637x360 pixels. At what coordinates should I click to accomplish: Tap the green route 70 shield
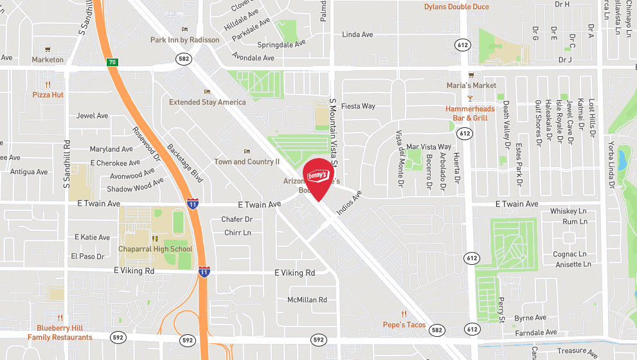(112, 62)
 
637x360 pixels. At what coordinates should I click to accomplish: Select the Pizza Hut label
(48, 94)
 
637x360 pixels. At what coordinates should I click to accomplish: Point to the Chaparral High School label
(155, 249)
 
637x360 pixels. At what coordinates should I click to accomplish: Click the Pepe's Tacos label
(404, 325)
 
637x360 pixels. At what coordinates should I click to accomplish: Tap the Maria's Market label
(472, 85)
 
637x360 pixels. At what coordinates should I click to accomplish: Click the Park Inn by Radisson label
(184, 40)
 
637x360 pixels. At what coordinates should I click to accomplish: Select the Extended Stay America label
(207, 102)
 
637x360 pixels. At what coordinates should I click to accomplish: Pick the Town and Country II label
(247, 162)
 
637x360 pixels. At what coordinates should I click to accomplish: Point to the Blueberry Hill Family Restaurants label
(60, 332)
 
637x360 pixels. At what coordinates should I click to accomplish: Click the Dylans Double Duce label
(456, 7)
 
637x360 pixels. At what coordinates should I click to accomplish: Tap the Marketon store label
(48, 60)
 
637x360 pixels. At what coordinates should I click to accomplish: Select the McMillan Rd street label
(307, 300)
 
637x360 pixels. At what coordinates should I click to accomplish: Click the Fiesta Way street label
(358, 106)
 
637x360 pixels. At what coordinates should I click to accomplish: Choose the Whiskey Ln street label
(568, 212)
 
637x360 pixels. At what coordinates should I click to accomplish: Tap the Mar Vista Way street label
(429, 147)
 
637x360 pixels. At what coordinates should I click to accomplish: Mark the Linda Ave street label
(357, 35)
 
